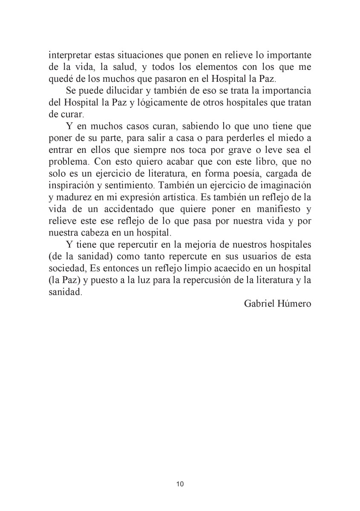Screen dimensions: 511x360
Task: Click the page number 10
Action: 179,484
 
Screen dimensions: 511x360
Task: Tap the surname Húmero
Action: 297,303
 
